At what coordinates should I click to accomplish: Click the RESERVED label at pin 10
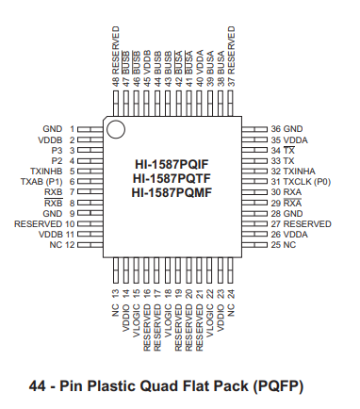pos(38,223)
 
